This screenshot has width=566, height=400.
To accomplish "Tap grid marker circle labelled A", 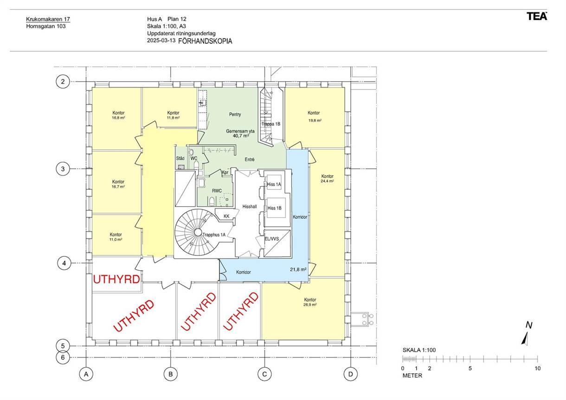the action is click(86, 374).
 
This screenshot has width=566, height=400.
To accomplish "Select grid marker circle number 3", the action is click(63, 169).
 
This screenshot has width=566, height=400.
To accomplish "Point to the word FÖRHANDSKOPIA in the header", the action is click(205, 41).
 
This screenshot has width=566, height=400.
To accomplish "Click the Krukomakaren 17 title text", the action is click(48, 19).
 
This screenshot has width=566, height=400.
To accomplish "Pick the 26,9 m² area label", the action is click(310, 305).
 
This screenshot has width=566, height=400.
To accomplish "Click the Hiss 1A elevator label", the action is click(274, 184).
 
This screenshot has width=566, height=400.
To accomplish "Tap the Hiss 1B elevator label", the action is click(274, 208).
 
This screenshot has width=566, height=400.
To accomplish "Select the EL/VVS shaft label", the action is click(271, 239).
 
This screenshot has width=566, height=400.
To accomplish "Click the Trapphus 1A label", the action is click(214, 235).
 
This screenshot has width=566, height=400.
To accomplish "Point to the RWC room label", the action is click(217, 191).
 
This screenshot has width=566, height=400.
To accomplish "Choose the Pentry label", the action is click(235, 114).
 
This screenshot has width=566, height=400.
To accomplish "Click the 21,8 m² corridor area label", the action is click(298, 270).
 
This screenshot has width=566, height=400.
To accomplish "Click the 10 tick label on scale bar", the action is click(537, 368).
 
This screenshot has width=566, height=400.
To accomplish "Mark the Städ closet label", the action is click(180, 158).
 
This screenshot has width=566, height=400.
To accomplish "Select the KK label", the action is click(226, 216).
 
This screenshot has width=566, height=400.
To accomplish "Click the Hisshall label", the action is click(250, 206).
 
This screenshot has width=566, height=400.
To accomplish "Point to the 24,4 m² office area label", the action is click(327, 181).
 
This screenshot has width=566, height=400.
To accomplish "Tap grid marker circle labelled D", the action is click(351, 374).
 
